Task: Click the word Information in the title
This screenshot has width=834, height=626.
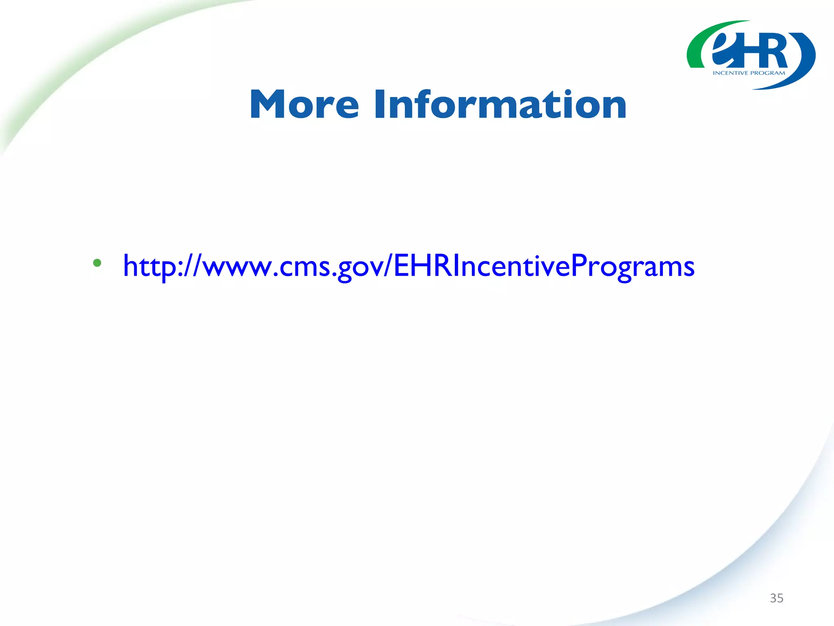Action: [500, 105]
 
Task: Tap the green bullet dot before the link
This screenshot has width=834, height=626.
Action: [97, 263]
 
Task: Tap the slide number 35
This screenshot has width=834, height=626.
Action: [776, 598]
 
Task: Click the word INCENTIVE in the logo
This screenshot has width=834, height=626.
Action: [731, 73]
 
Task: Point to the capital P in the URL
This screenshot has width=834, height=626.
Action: [580, 266]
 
